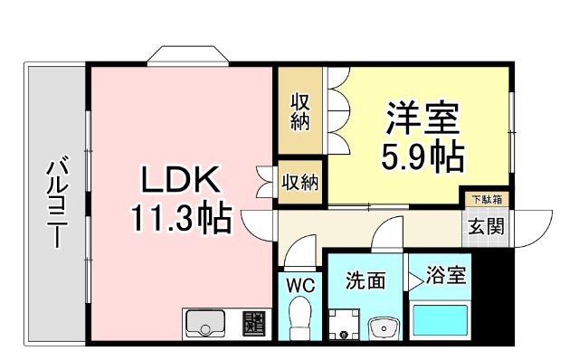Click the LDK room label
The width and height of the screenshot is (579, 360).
click(x=180, y=180)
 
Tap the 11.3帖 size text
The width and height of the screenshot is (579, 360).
click(x=180, y=218)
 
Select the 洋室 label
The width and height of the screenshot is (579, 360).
click(x=422, y=118)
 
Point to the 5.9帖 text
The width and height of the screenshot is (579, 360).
click(x=422, y=157)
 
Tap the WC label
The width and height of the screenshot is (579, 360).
click(x=299, y=285)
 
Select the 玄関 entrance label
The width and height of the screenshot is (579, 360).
click(x=487, y=227)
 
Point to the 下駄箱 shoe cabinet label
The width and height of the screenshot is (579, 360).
click(x=487, y=197)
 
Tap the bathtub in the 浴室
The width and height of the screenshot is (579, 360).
click(x=441, y=320)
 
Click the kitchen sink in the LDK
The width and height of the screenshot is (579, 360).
click(x=207, y=323)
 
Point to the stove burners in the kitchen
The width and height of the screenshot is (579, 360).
click(x=253, y=323)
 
